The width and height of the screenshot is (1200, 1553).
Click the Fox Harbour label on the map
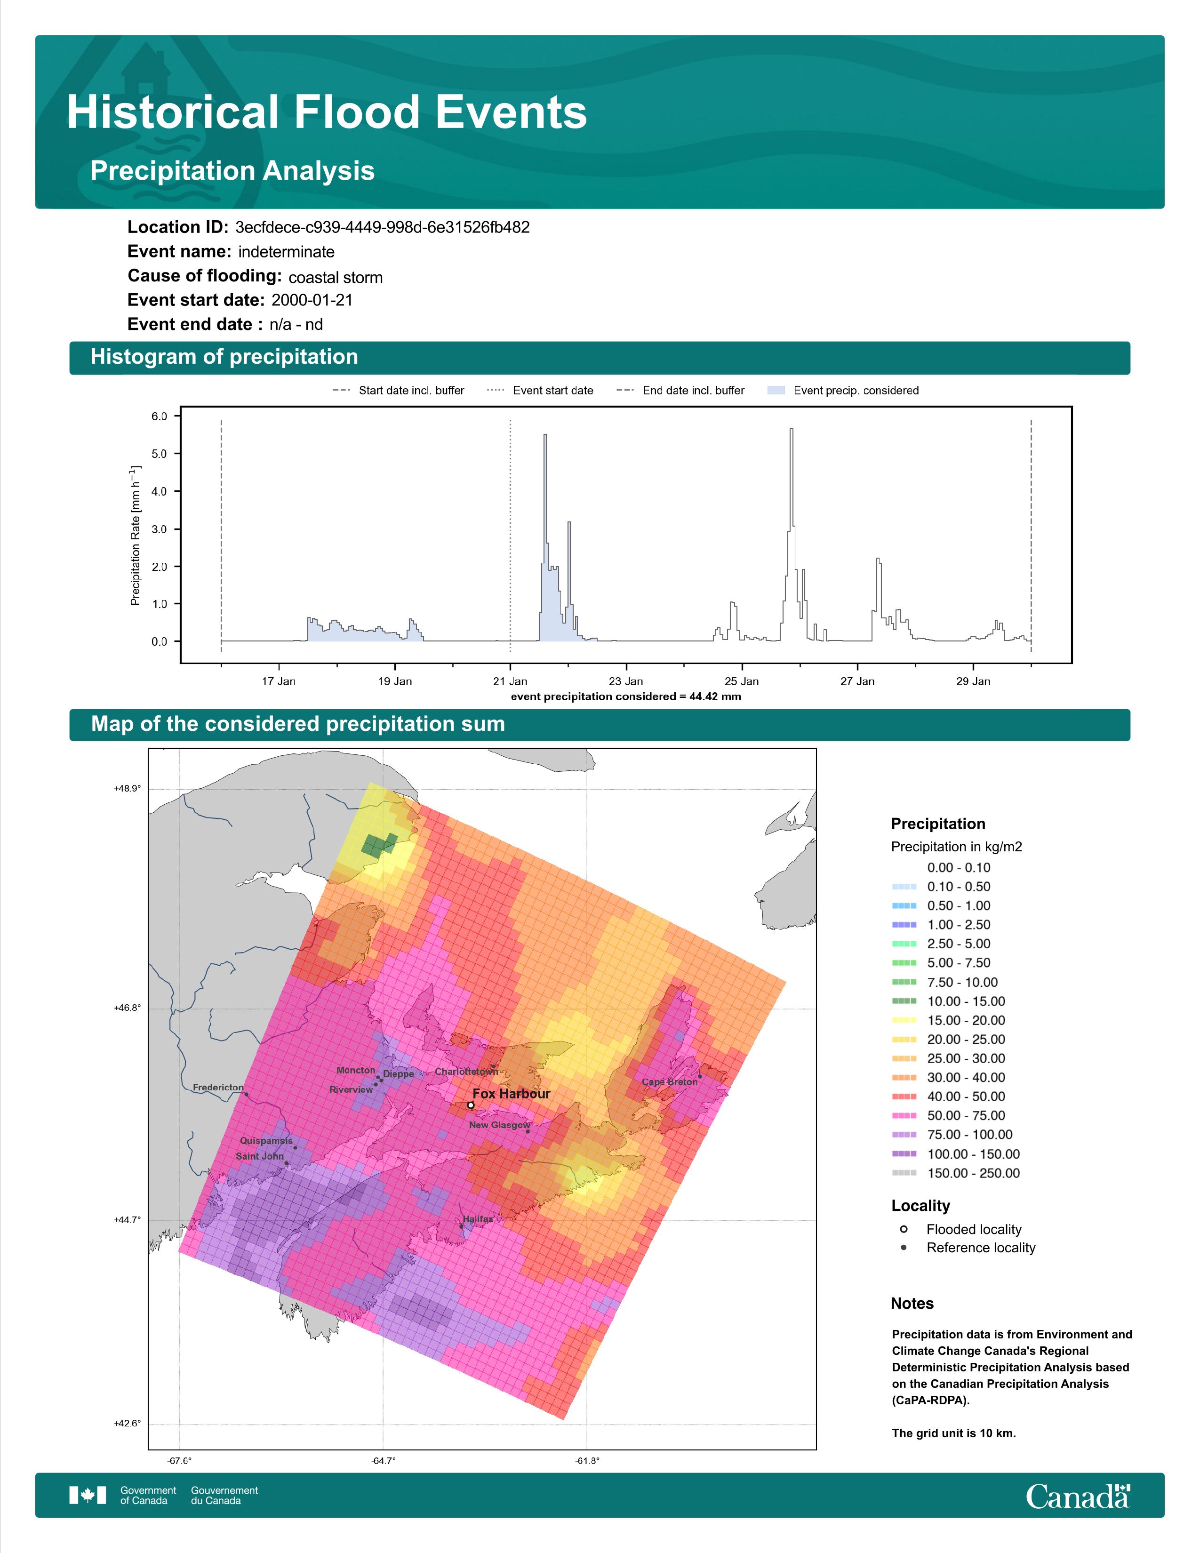click(511, 1094)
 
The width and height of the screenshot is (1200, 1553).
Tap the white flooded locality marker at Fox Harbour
click(471, 1105)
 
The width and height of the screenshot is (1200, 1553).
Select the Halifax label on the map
click(478, 1219)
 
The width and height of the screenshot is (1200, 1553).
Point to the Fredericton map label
click(218, 1087)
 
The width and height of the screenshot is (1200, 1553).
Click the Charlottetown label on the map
click(466, 1072)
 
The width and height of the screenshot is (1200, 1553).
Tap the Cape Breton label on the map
click(670, 1081)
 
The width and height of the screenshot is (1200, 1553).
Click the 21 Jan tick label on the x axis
click(511, 681)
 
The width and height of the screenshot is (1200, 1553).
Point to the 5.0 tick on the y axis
click(159, 454)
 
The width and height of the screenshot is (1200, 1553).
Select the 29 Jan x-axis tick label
click(973, 681)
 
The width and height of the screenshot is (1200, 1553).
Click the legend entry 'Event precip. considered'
click(843, 391)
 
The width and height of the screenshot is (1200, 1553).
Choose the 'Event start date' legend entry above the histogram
click(540, 391)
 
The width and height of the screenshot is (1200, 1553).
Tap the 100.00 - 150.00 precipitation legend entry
click(956, 1154)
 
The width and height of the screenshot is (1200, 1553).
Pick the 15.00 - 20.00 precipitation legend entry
click(949, 1020)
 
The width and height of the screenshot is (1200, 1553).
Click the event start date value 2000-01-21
click(312, 300)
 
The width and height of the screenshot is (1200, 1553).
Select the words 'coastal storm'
click(336, 277)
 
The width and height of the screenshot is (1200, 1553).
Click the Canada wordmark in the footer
click(1078, 1496)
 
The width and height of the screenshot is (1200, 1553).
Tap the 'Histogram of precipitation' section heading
click(224, 357)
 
